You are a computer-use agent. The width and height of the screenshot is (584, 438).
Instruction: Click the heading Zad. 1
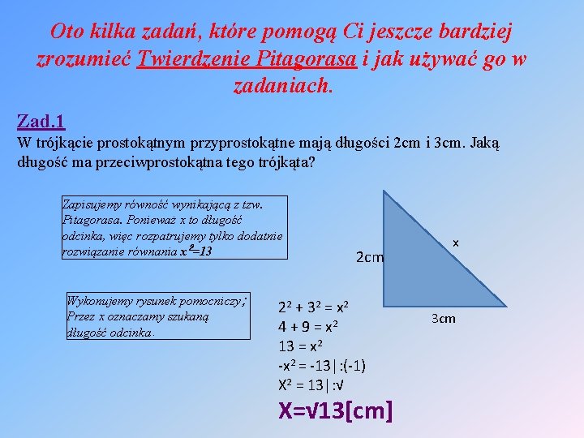[41, 122]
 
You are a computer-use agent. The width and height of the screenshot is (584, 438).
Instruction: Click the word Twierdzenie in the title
[185, 59]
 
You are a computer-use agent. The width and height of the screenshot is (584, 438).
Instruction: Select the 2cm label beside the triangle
[370, 257]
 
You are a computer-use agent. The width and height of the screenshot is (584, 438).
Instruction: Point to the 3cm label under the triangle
[443, 318]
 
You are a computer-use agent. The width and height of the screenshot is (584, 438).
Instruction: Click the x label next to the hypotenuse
[456, 243]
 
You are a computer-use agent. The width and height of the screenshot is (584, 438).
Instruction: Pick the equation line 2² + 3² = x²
[314, 307]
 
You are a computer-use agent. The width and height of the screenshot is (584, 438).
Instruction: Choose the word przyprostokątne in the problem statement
[238, 143]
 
